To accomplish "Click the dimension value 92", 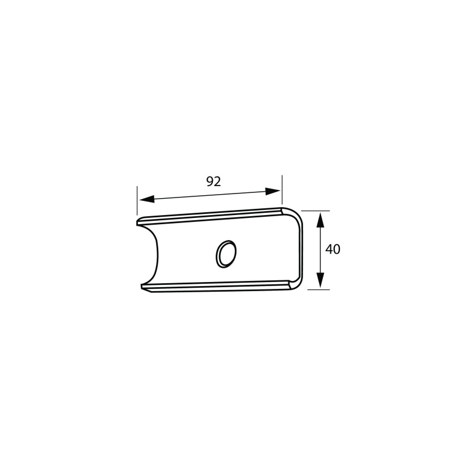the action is pyautogui.click(x=213, y=182).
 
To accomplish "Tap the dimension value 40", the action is pyautogui.click(x=333, y=249).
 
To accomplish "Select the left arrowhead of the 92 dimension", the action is pyautogui.click(x=147, y=199).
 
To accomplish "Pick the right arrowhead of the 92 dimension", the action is pyautogui.click(x=273, y=191).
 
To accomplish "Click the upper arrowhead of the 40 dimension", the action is pyautogui.click(x=320, y=220).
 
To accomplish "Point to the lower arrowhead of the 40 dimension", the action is pyautogui.click(x=320, y=280).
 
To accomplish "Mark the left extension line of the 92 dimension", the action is pyautogui.click(x=137, y=201).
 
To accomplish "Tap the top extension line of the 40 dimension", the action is pyautogui.click(x=316, y=211).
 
